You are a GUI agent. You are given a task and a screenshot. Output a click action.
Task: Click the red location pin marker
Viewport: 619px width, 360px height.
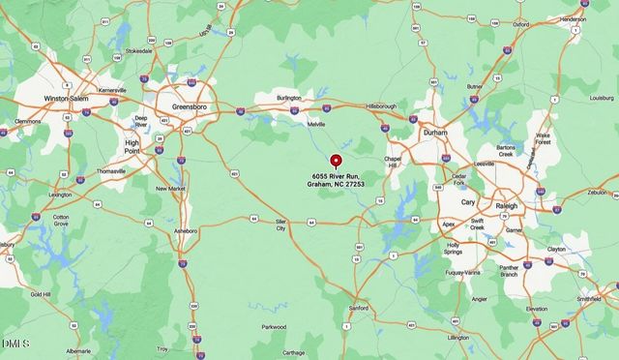coord(336,161)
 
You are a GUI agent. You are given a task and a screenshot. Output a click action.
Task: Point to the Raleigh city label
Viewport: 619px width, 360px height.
coord(507,206)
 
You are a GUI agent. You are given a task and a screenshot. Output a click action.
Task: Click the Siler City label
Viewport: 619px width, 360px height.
coord(280,225)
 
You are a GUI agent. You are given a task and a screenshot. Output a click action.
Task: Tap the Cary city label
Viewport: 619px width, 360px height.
coord(468,202)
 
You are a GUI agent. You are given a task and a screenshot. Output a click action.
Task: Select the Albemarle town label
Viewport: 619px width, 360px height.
coord(78,350)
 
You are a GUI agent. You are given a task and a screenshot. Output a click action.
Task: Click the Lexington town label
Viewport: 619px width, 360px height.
coord(60,195)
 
